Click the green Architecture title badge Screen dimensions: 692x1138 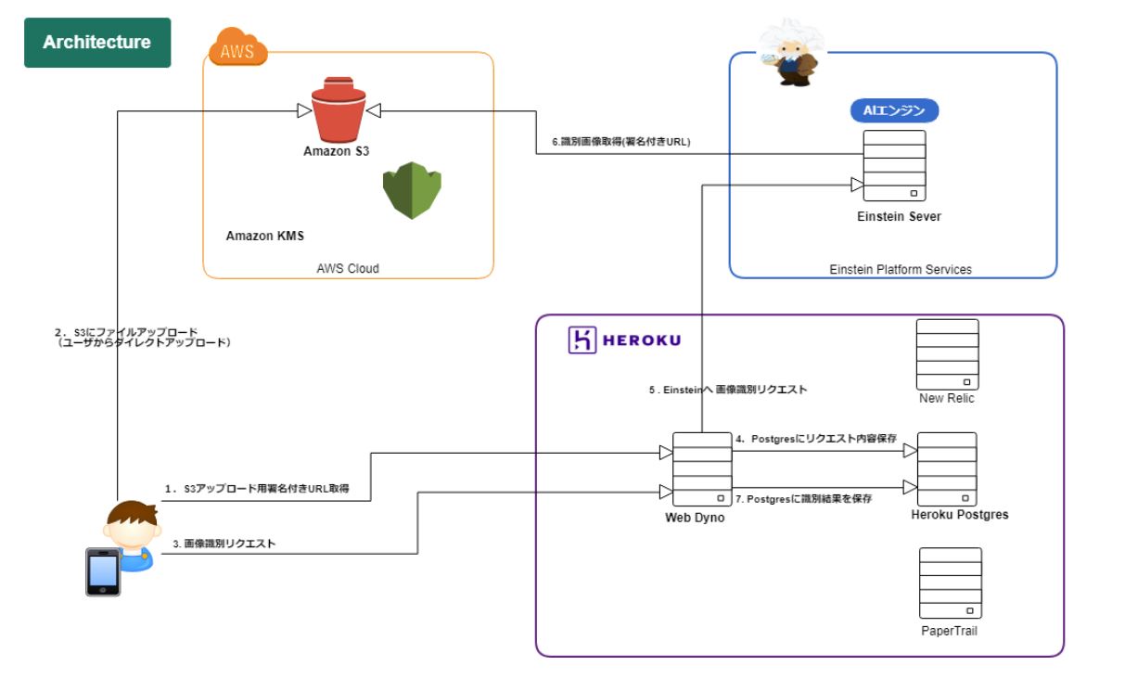[x=96, y=43]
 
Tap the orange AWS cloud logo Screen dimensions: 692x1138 [x=237, y=48]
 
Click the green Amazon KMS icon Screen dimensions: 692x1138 [x=412, y=190]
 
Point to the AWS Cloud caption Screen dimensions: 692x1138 [x=348, y=269]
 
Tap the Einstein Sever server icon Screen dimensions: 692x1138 [x=894, y=166]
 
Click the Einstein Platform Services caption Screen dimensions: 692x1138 [x=900, y=270]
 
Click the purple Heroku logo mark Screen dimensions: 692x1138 [x=582, y=340]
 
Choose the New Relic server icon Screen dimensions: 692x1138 [x=947, y=354]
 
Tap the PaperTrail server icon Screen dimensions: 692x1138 [x=951, y=583]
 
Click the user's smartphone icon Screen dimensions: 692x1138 [x=103, y=571]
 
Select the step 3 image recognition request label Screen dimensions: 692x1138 [x=224, y=545]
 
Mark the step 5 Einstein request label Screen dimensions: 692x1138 [x=727, y=391]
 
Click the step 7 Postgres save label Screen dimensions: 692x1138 [x=803, y=499]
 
